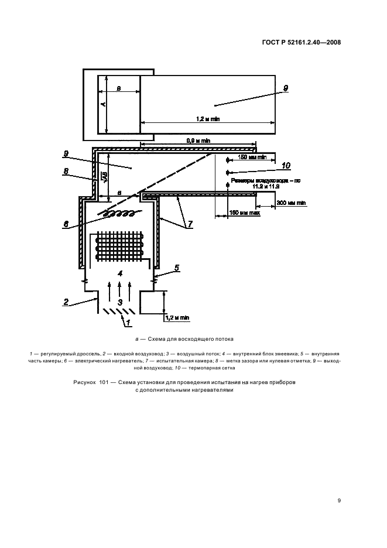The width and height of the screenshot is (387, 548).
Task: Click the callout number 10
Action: tap(286, 165)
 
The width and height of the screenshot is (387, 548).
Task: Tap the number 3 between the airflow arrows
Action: tap(120, 302)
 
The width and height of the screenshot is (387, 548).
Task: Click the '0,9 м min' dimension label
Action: tap(197, 141)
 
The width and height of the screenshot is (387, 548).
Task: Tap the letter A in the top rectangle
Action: tap(102, 104)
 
